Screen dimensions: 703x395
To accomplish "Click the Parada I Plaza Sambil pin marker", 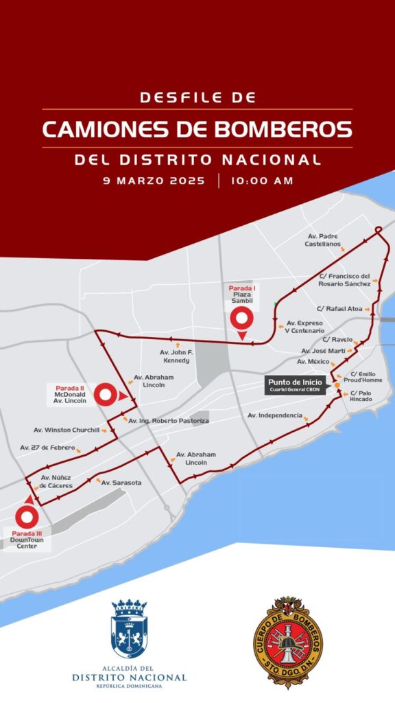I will pos(242,318).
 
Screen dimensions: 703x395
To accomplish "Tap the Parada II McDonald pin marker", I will pos(106,395).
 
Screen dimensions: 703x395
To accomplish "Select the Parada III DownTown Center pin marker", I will pos(27,516).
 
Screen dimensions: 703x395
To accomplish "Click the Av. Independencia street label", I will pos(274,415).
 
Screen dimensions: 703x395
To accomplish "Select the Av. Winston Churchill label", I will pos(67,430).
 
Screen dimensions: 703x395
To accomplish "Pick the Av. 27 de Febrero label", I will pos(47,447).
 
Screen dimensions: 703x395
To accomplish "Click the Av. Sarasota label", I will pos(121,483).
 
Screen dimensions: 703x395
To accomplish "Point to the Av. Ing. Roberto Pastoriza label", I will pos(168,419).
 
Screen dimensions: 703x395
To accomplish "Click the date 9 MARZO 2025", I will pos(154,181).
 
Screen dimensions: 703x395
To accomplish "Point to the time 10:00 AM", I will pos(262,181).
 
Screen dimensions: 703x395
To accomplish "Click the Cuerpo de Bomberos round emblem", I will pos(289,632).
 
